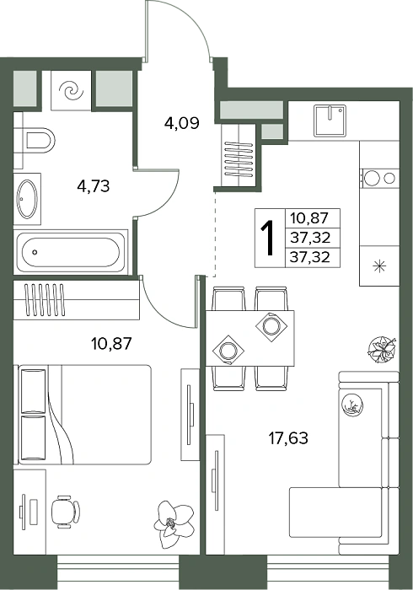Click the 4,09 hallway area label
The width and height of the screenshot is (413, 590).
tap(182, 123)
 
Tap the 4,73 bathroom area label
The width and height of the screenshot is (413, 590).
tap(94, 186)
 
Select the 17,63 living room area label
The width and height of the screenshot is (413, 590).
tap(288, 438)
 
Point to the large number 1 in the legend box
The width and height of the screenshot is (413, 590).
tap(269, 238)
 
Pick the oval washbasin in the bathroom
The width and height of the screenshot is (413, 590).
tap(28, 199)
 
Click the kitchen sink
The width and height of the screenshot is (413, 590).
tap(330, 121)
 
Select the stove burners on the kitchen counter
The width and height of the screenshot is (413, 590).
tap(379, 178)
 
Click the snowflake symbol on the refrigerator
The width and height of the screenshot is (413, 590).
tap(379, 266)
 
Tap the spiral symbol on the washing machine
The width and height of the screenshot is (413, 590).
tap(71, 91)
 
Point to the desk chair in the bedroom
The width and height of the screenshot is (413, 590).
tap(66, 512)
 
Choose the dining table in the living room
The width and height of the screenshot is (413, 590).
tap(250, 337)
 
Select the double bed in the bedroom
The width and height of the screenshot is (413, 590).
tap(84, 415)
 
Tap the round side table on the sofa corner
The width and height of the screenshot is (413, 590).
tap(352, 405)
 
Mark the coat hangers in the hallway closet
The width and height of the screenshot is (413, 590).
tap(239, 159)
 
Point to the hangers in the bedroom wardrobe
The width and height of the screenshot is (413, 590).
tap(45, 299)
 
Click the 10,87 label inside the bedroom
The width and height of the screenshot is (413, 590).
tap(111, 344)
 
